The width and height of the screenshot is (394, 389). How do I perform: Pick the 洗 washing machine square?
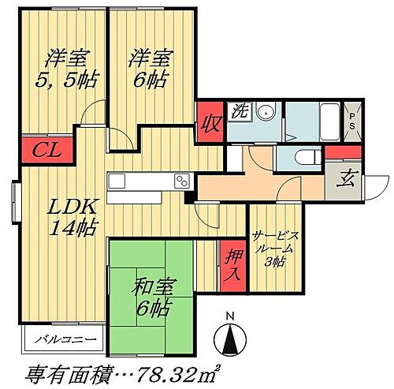pyautogui.click(x=239, y=112)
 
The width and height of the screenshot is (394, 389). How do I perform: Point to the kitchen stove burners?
pyautogui.click(x=182, y=181)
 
